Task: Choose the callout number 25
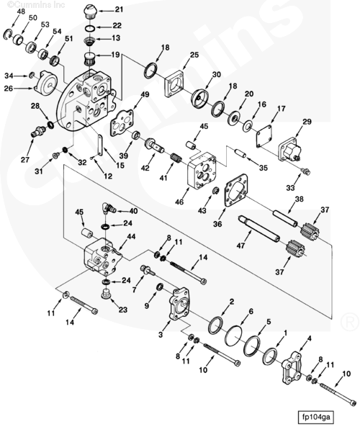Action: click(x=194, y=55)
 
